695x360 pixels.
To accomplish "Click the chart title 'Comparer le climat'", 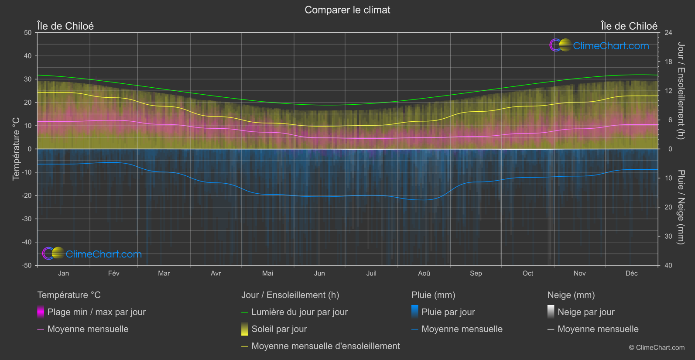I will (347, 10).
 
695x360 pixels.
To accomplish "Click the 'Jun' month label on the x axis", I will (319, 273).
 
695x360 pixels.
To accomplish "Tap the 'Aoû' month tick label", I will (424, 273).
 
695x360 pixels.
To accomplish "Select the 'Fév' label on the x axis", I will (113, 273).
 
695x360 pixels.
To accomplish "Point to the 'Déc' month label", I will (631, 273).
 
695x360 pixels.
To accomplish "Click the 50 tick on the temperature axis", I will (28, 33).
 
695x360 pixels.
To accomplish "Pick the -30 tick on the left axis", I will (27, 219).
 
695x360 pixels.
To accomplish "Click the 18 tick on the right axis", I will (668, 62).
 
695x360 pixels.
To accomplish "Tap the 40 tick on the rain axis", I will (668, 265).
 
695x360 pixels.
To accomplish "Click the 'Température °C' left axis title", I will (16, 149).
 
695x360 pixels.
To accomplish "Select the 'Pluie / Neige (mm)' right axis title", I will (681, 207).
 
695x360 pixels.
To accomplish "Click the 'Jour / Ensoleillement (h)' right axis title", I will (681, 91).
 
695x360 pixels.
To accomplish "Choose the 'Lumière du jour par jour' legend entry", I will (299, 312).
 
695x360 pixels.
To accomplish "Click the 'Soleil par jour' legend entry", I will (279, 329).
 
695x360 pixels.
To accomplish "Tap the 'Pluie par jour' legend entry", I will (448, 312).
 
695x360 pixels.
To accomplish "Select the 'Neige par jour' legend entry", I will (586, 312).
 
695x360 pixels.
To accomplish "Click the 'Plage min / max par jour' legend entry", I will (96, 312).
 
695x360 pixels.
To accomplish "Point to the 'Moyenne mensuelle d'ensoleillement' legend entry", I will (325, 346).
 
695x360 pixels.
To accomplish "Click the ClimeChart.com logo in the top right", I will (599, 45).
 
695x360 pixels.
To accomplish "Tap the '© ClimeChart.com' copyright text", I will (657, 347).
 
